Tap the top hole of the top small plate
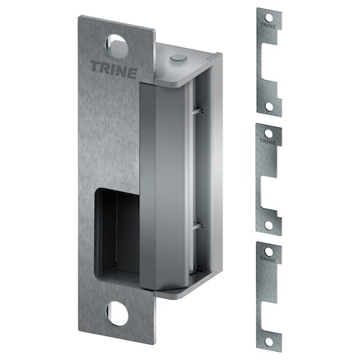tap(269, 17)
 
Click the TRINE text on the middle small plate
tap(269, 141)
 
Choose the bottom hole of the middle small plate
tap(269, 226)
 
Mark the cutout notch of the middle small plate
tap(274, 187)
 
